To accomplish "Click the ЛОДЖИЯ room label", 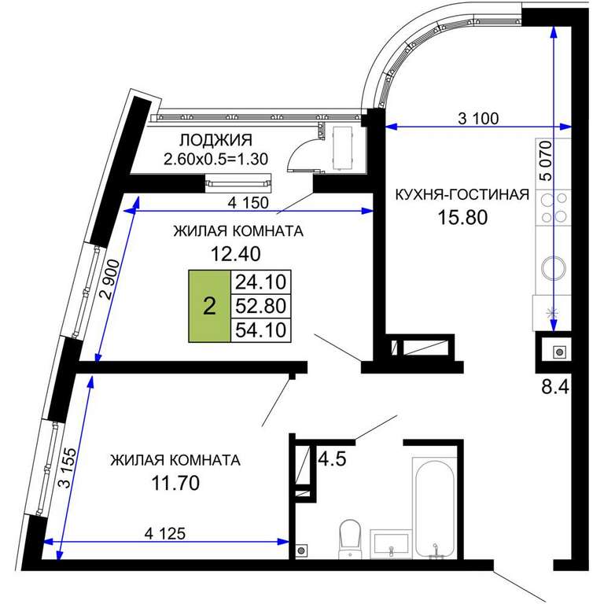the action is click(215, 140).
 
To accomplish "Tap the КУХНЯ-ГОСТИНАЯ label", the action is click(462, 194).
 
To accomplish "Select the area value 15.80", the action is click(462, 217).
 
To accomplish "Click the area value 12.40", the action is click(236, 253).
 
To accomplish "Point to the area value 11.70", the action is click(175, 483).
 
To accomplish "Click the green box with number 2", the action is click(209, 306).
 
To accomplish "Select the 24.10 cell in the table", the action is click(261, 282).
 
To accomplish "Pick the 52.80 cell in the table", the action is click(261, 306).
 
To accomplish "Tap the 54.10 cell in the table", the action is click(261, 330).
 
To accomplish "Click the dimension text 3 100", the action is click(478, 118).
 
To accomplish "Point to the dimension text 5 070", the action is click(546, 161).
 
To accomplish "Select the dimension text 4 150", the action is click(248, 203).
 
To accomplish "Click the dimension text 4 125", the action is click(165, 533).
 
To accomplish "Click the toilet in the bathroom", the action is click(349, 539).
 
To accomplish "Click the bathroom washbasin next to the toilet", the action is click(391, 544).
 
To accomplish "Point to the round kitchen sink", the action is click(554, 267).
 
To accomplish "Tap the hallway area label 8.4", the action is click(555, 386).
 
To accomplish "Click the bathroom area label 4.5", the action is click(333, 459).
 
